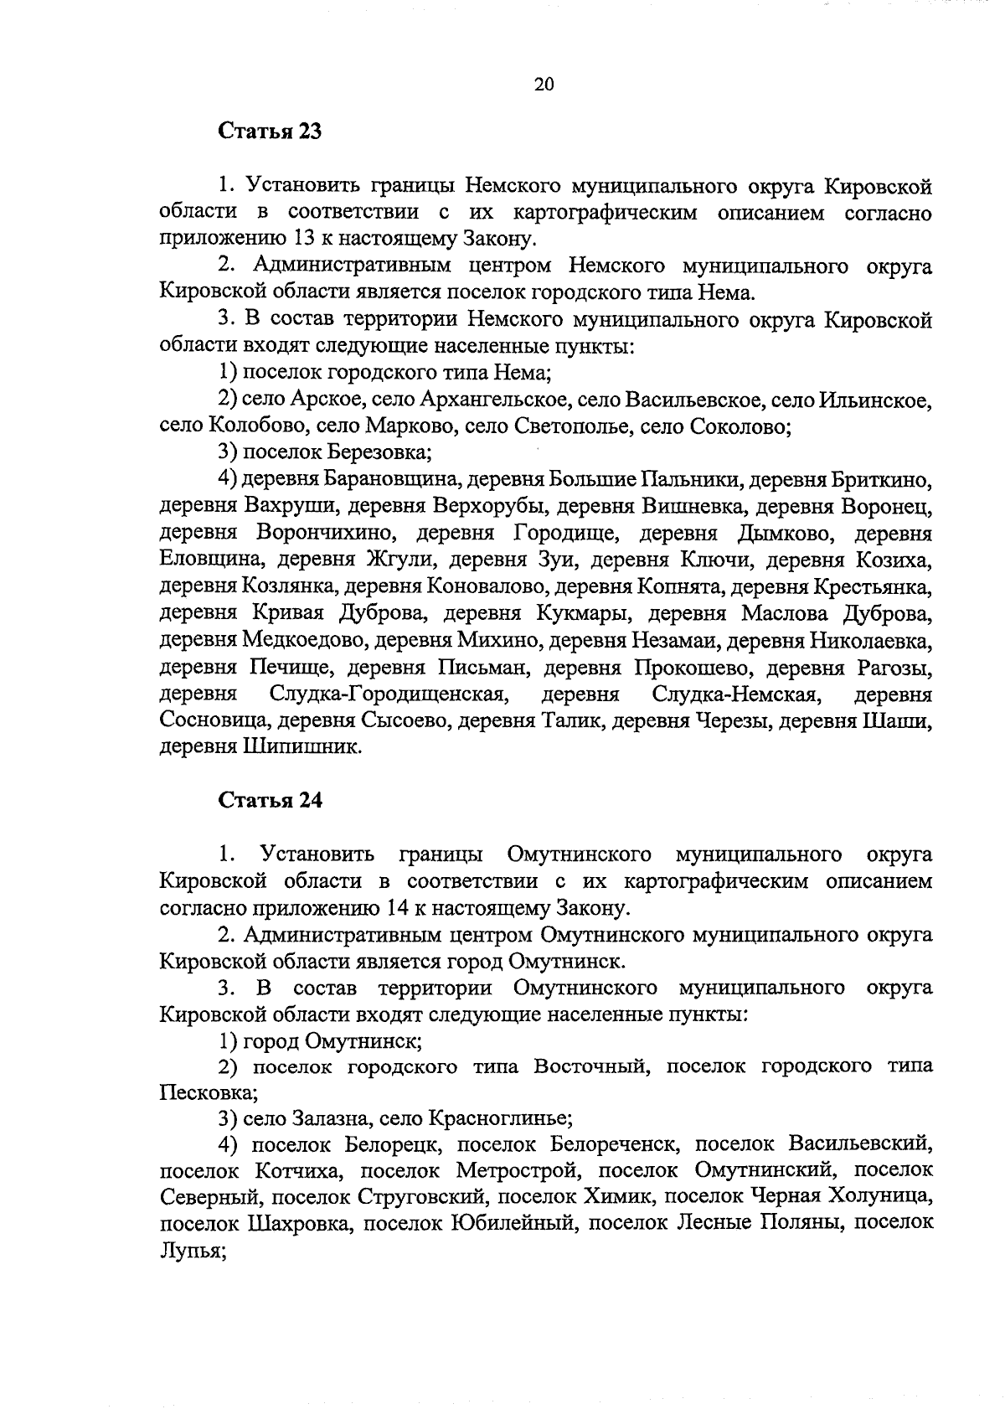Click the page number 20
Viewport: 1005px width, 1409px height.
point(544,84)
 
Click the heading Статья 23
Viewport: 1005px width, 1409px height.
point(270,132)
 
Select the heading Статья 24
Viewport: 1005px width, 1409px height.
point(270,800)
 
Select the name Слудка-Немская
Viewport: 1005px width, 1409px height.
point(734,694)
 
